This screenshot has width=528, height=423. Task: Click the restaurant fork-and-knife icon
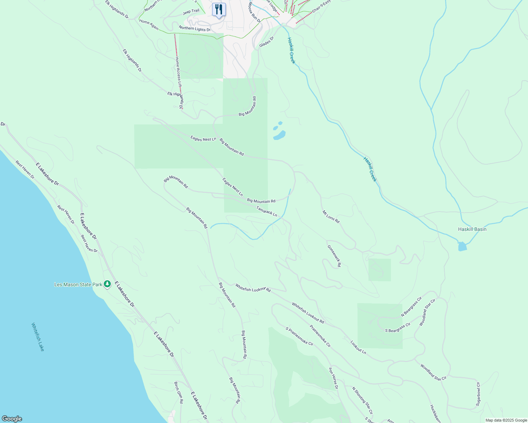[219, 10]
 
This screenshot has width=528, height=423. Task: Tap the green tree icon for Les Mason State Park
[107, 284]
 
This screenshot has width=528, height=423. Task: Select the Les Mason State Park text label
[78, 284]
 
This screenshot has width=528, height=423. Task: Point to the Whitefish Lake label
[38, 337]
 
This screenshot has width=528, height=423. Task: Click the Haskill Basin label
[472, 229]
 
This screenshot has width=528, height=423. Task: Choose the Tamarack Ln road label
[266, 211]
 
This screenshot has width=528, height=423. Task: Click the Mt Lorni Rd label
[331, 217]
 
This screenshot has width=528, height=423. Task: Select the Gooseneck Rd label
[334, 256]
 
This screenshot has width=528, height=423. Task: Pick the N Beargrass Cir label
[411, 307]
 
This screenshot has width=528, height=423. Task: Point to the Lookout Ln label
[358, 347]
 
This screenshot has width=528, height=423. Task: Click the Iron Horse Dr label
[333, 378]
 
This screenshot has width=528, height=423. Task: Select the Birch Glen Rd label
[179, 392]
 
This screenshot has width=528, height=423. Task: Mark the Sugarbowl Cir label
[478, 394]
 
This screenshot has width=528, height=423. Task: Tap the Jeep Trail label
[191, 12]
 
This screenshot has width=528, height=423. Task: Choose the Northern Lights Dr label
[194, 28]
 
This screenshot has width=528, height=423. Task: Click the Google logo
[11, 419]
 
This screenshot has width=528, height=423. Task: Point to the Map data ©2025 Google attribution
[506, 420]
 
